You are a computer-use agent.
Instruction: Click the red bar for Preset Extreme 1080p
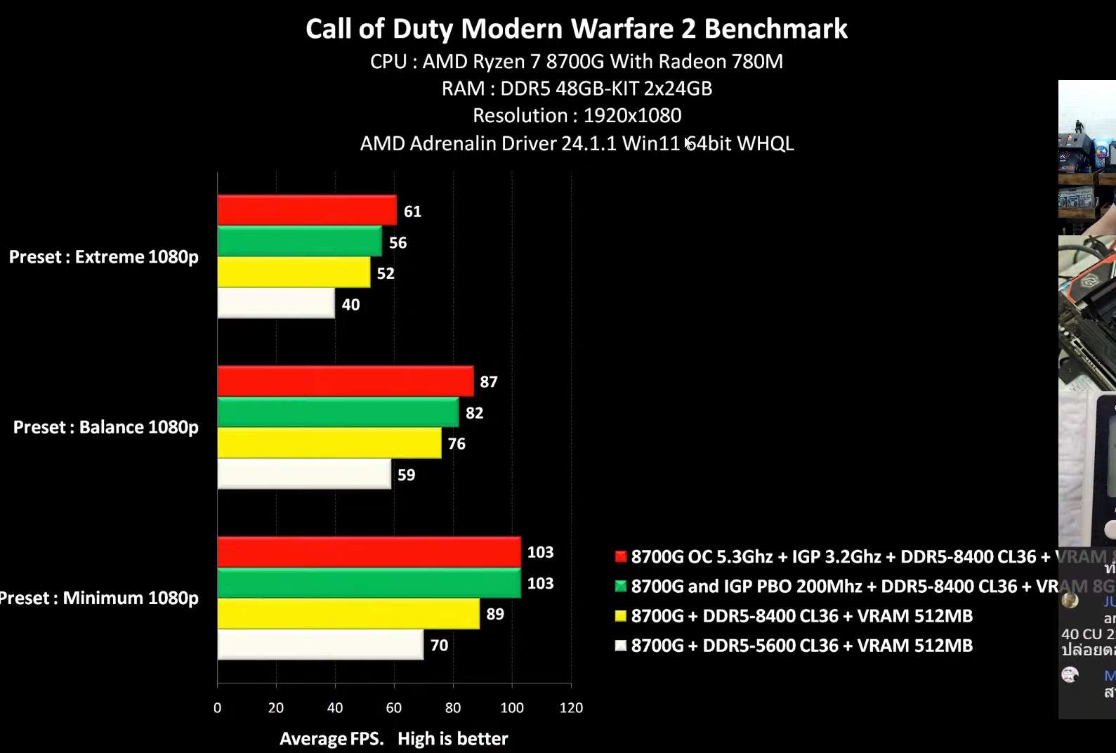click(x=307, y=210)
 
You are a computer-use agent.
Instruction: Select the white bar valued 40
click(x=276, y=303)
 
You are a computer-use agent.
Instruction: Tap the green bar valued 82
click(x=338, y=412)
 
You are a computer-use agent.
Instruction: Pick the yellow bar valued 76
click(x=329, y=443)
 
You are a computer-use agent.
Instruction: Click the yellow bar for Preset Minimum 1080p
click(x=348, y=614)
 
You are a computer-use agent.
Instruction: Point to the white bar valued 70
click(x=320, y=645)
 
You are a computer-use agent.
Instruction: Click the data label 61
click(x=412, y=211)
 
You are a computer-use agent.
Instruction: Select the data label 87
click(x=489, y=382)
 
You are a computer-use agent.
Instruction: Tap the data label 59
click(x=406, y=475)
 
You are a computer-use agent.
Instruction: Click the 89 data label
click(x=495, y=614)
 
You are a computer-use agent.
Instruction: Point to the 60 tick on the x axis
click(x=394, y=708)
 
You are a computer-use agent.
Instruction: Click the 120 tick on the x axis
click(x=571, y=708)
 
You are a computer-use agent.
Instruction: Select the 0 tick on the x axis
click(x=218, y=708)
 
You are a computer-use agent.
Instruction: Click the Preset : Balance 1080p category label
click(x=106, y=427)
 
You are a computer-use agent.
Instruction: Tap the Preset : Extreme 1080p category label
click(x=104, y=257)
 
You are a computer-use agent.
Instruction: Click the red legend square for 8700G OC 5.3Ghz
click(x=621, y=557)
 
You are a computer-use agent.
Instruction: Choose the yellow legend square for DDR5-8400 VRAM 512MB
click(x=621, y=616)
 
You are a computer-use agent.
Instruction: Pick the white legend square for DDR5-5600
click(x=621, y=646)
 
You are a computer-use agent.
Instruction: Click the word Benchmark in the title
click(x=775, y=29)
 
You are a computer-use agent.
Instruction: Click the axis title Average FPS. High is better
click(x=393, y=739)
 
